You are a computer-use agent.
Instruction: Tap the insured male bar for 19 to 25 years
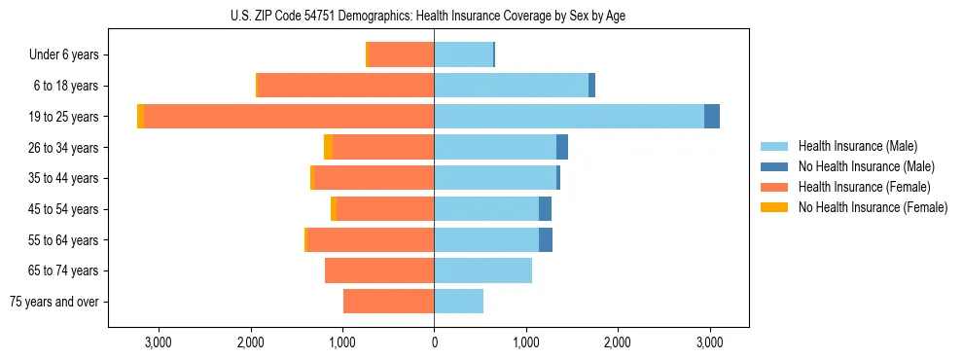(x=569, y=117)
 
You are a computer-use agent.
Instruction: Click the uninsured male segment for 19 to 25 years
(x=712, y=117)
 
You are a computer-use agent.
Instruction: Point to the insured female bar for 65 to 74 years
(x=379, y=270)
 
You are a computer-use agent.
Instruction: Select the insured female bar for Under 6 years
(x=402, y=55)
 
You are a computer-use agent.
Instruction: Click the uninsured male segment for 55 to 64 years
(x=546, y=240)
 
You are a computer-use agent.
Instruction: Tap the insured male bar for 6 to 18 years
(x=512, y=86)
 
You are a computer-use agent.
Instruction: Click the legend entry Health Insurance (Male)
(x=856, y=146)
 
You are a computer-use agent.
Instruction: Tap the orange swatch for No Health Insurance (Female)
(x=774, y=207)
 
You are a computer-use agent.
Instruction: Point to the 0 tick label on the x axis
(x=434, y=342)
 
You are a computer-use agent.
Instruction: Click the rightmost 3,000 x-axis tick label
(x=709, y=342)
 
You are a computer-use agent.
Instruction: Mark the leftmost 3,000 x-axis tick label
(x=159, y=342)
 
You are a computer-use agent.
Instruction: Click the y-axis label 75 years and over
(x=54, y=302)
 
